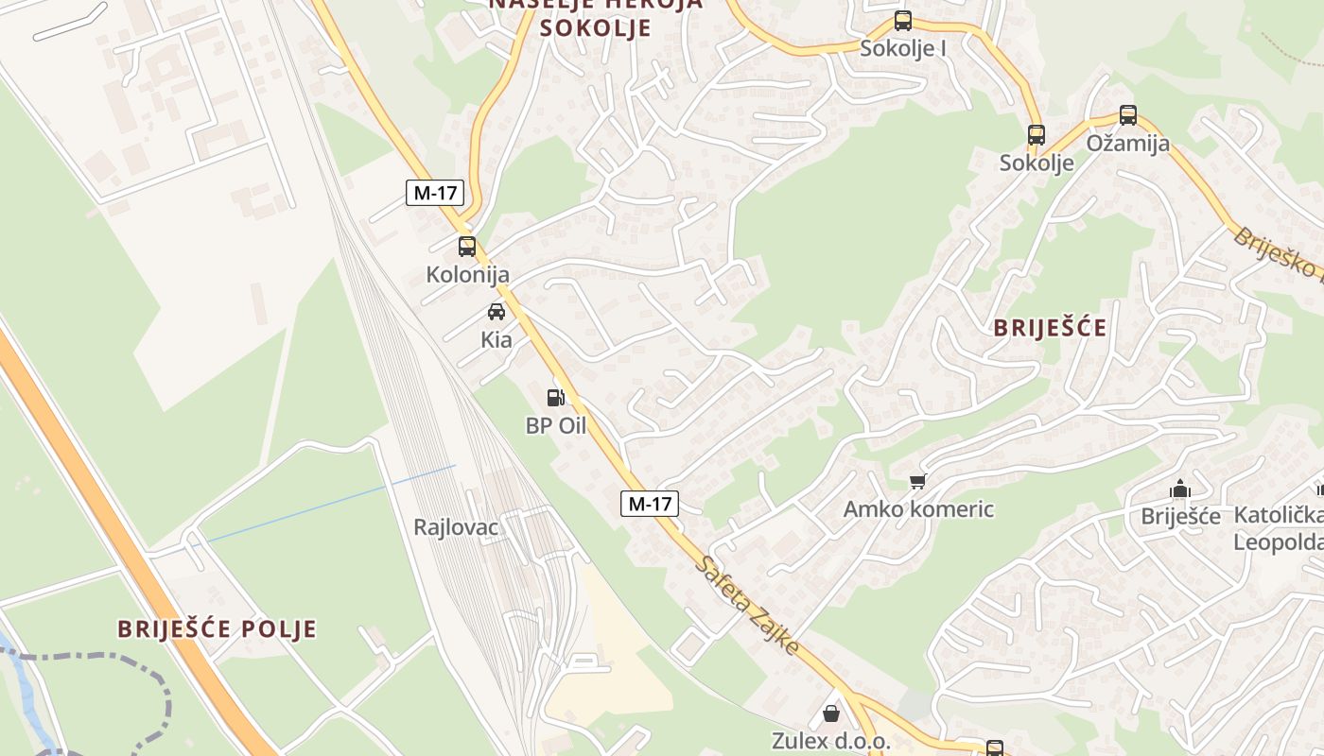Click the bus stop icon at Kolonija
(466, 247)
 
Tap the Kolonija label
(467, 275)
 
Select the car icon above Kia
(496, 311)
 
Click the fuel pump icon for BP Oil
(556, 398)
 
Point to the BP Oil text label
(556, 425)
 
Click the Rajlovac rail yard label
(456, 527)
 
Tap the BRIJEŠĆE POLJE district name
(217, 629)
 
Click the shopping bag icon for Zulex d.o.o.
(831, 713)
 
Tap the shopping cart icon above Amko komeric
(917, 482)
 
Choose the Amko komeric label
(918, 509)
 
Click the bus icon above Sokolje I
(903, 21)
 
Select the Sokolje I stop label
(903, 48)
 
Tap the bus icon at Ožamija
(1127, 115)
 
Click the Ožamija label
(1127, 144)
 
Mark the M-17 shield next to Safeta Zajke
(650, 504)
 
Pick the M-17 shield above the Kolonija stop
(435, 193)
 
